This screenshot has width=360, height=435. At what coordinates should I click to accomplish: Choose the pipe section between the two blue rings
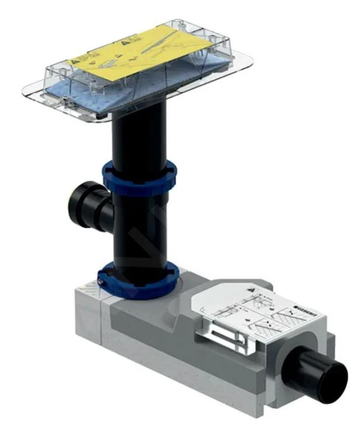click(x=140, y=227)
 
